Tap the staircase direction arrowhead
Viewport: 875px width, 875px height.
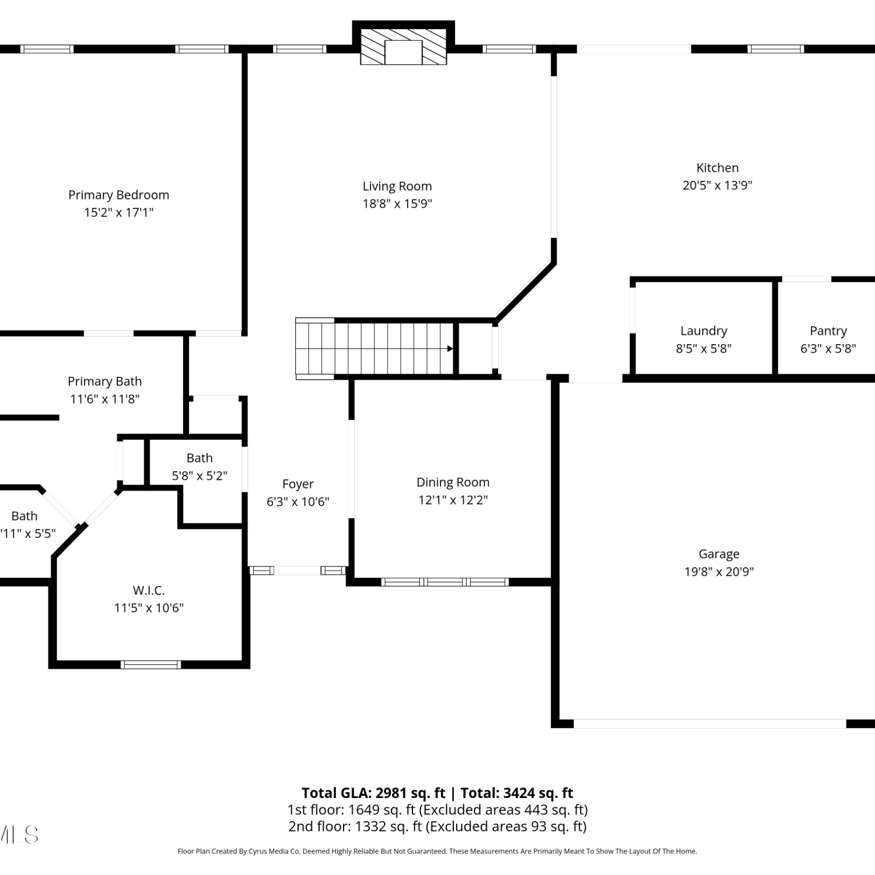[x=450, y=349]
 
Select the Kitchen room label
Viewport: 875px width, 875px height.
[x=717, y=168]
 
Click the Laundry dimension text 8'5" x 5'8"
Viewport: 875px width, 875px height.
[x=703, y=349]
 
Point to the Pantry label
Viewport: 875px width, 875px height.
[x=828, y=331]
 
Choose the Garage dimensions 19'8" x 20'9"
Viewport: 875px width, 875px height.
[x=719, y=572]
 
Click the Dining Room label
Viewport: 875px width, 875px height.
[x=453, y=482]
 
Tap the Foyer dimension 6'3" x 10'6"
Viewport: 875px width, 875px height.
[x=298, y=502]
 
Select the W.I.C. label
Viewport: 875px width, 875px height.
[x=149, y=590]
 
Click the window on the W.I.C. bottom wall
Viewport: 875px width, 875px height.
[x=151, y=664]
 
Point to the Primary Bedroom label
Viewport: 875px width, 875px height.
[x=118, y=195]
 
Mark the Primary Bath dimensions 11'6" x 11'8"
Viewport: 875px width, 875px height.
[x=105, y=399]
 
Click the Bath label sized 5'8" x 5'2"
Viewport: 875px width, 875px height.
[x=199, y=459]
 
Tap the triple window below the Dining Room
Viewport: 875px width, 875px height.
[x=445, y=582]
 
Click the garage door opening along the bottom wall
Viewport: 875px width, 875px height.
[x=710, y=724]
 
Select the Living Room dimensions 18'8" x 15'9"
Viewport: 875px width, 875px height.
[x=397, y=204]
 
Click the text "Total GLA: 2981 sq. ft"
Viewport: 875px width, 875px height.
[x=373, y=793]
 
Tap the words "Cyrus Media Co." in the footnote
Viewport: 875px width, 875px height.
[x=275, y=852]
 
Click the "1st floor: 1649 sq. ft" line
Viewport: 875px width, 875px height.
[x=351, y=810]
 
